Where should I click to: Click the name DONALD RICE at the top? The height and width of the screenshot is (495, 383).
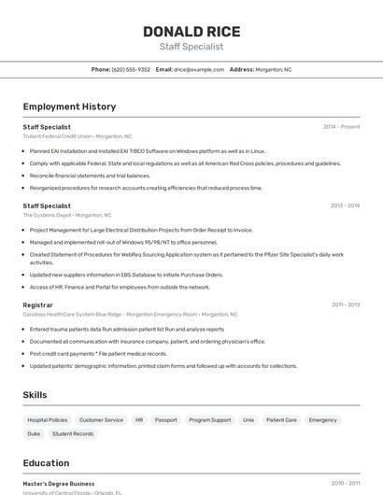[x=191, y=31]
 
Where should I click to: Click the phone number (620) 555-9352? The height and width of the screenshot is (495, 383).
[x=131, y=69]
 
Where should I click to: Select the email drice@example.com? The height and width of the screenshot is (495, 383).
[x=199, y=69]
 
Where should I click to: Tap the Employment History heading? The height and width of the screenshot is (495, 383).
[x=69, y=106]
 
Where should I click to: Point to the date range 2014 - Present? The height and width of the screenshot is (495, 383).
[x=341, y=126]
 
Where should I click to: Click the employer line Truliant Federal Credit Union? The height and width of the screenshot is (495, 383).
[x=57, y=136]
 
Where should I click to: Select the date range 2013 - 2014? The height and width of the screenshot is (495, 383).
[x=345, y=205]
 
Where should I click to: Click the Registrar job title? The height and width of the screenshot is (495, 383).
[x=38, y=304]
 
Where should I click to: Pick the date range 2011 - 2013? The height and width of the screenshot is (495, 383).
[x=345, y=304]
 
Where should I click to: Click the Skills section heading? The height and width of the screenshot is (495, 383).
[x=35, y=395]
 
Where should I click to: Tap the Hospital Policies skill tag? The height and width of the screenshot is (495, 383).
[x=48, y=420]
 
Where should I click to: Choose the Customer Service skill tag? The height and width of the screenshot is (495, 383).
[x=101, y=420]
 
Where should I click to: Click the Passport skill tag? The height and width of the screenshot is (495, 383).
[x=165, y=420]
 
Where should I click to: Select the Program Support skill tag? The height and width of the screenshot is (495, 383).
[x=209, y=420]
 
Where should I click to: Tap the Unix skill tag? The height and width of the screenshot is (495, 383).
[x=248, y=420]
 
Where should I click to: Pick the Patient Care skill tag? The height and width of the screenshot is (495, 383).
[x=281, y=420]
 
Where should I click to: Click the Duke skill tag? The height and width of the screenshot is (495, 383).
[x=34, y=434]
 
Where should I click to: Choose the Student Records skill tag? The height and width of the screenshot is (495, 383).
[x=73, y=434]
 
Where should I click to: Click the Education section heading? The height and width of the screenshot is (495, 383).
[x=46, y=463]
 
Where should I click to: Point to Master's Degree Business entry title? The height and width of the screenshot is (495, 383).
[x=59, y=484]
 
